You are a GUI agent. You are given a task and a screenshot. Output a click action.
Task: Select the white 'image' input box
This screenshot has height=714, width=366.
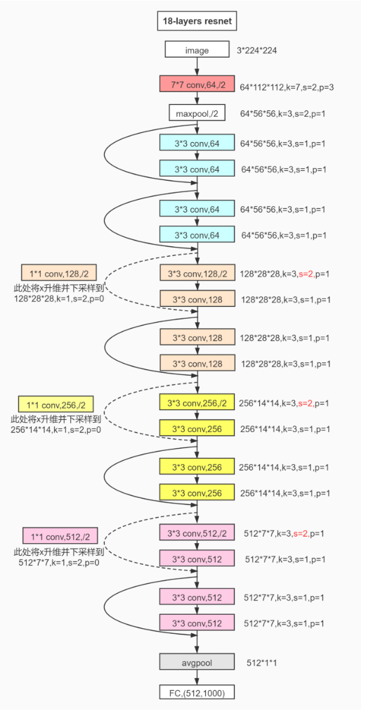197,51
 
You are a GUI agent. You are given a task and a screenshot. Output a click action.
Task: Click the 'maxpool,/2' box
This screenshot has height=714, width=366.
197,113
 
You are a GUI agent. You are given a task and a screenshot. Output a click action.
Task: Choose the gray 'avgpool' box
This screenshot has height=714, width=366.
197,662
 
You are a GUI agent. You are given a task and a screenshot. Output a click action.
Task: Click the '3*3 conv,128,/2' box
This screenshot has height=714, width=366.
197,272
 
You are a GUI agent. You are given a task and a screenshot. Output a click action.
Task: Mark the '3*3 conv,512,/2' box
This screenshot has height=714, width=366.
197,533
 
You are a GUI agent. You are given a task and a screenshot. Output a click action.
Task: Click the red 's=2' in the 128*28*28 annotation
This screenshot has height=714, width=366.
307,273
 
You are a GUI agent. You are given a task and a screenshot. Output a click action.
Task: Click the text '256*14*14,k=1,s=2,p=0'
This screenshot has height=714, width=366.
56,428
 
